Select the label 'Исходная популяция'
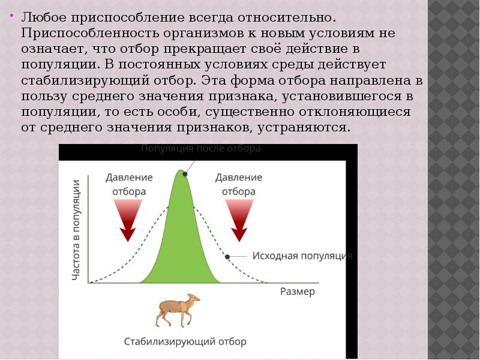[302, 256]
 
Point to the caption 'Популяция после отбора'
[200, 148]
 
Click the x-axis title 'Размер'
[297, 292]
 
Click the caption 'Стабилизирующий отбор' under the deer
[185, 341]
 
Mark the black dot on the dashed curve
[227, 256]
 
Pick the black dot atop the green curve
[185, 174]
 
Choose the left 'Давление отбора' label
[129, 185]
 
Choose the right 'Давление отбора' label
[239, 185]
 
